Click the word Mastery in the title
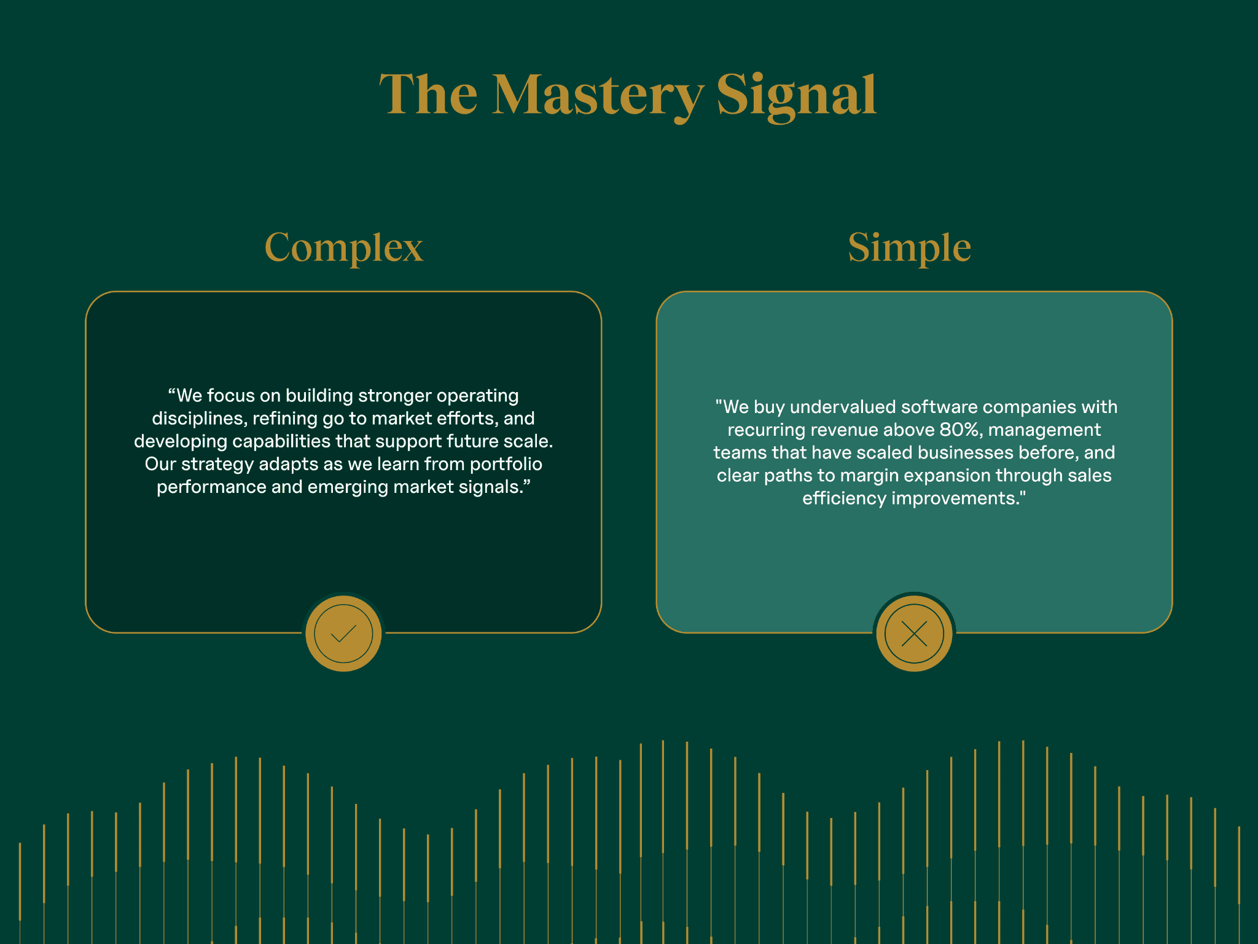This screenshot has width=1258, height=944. click(x=598, y=95)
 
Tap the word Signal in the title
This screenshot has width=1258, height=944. click(x=797, y=95)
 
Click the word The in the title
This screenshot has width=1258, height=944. click(x=428, y=95)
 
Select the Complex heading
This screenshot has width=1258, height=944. click(x=343, y=247)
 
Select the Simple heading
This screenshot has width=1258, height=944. click(x=909, y=247)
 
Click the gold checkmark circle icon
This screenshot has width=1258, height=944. click(x=343, y=633)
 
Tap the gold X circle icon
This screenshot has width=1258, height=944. click(x=914, y=633)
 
